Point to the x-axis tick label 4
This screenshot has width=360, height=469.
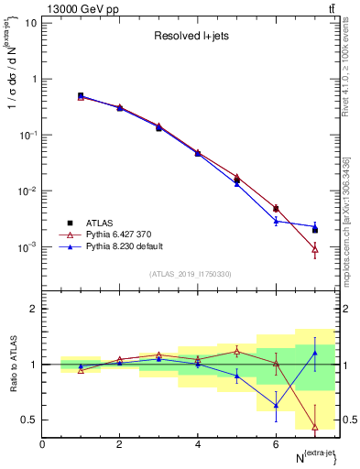tap(198, 444)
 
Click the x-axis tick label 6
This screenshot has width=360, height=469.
tap(276, 444)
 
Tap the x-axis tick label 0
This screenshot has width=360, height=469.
tap(42, 444)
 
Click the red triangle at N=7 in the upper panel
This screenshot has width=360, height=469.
tap(315, 248)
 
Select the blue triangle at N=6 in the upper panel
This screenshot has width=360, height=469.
tap(276, 221)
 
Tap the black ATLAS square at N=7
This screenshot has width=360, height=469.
tap(315, 230)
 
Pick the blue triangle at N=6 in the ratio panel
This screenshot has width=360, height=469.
tap(276, 405)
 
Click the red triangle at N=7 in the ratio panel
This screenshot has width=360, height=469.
tap(315, 427)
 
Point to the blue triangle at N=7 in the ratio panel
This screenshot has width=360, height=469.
tap(315, 353)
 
